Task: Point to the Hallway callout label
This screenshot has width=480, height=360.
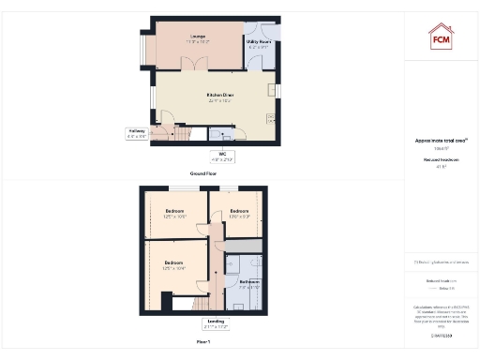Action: [x=137, y=134]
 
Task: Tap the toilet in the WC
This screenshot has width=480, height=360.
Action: [x=214, y=134]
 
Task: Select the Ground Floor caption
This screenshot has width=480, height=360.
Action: [x=203, y=174]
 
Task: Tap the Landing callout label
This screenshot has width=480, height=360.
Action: [x=216, y=323]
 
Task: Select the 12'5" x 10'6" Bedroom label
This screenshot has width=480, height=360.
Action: [x=175, y=212]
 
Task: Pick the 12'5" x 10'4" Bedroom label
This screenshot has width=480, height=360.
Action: [x=174, y=263]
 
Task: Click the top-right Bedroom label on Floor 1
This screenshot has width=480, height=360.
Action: [x=240, y=212]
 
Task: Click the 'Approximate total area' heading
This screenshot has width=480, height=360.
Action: [x=441, y=141]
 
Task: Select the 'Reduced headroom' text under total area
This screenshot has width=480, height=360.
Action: [x=441, y=160]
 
